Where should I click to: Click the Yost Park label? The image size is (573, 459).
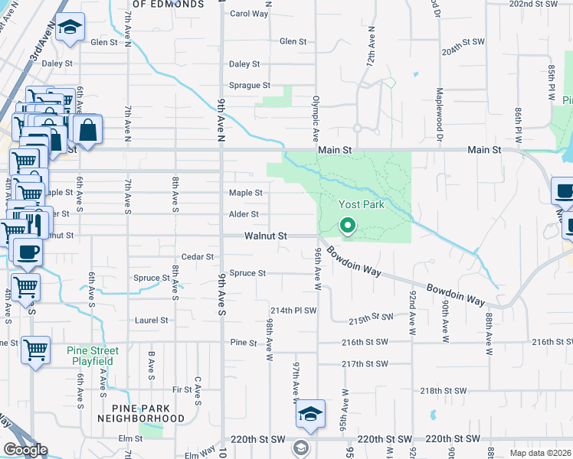pyautogui.click(x=361, y=205)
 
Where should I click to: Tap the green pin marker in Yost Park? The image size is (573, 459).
pyautogui.click(x=347, y=226)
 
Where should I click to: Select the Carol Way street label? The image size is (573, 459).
pyautogui.click(x=249, y=14)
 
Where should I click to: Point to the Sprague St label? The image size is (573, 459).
pyautogui.click(x=250, y=86)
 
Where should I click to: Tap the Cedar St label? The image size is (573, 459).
pyautogui.click(x=198, y=257)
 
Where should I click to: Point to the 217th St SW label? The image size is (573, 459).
pyautogui.click(x=365, y=364)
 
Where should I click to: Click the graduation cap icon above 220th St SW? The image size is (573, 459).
pyautogui.click(x=310, y=413)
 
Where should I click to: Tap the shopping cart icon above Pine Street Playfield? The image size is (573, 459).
pyautogui.click(x=35, y=350)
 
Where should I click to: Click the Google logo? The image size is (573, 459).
pyautogui.click(x=25, y=450)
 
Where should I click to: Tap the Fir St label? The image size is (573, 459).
pyautogui.click(x=182, y=390)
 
